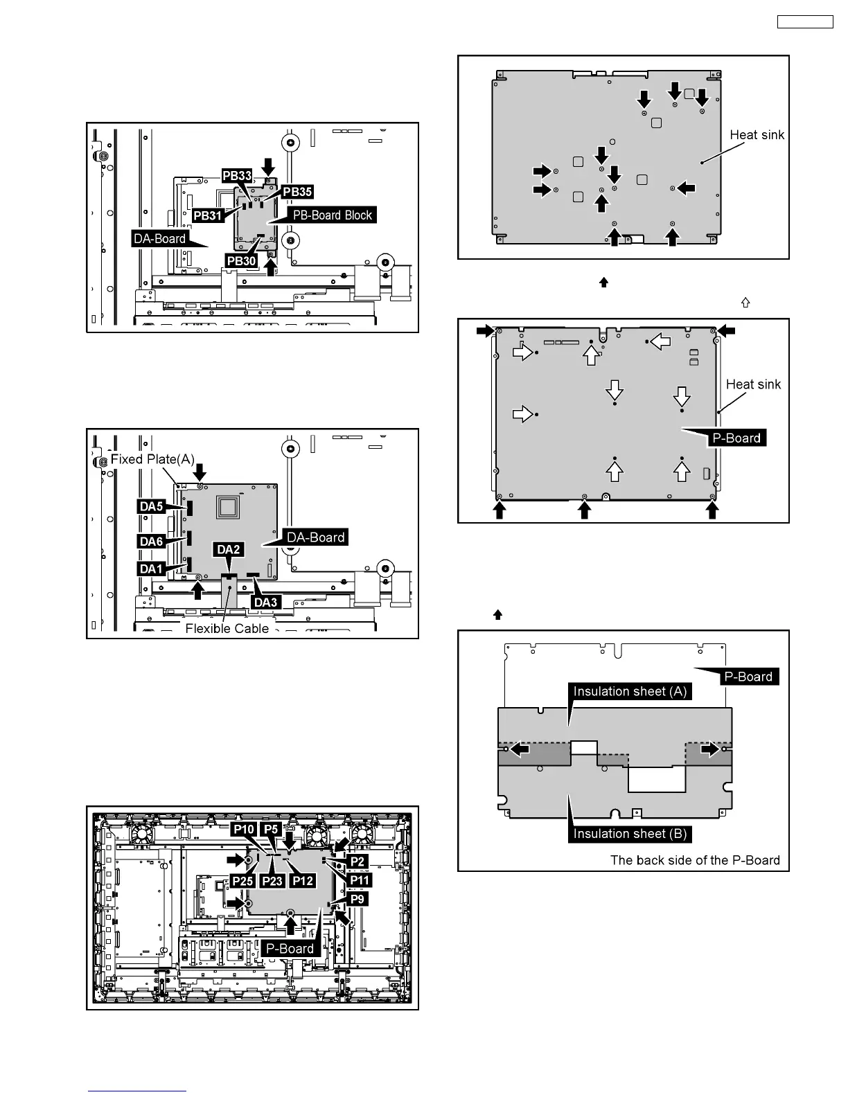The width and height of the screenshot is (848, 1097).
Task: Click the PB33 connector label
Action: tap(237, 176)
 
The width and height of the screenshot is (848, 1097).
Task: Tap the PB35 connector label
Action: tap(297, 192)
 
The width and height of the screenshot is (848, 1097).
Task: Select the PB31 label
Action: tap(208, 215)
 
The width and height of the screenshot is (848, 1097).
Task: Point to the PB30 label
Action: tap(241, 260)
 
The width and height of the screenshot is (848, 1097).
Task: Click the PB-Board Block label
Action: tap(333, 215)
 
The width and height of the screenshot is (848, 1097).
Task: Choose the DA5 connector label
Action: tap(151, 506)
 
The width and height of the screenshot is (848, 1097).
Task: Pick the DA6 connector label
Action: tap(151, 541)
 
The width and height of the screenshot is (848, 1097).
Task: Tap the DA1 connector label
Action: tap(151, 569)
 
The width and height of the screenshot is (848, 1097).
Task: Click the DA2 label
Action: tap(229, 549)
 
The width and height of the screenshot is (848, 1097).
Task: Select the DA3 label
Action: tap(265, 602)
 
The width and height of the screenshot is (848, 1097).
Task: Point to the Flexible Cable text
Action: tap(227, 628)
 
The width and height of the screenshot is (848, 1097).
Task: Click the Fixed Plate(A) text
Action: tap(152, 459)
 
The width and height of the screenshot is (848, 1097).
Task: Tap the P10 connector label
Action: tap(243, 829)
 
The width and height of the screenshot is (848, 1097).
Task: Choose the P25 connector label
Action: tap(243, 880)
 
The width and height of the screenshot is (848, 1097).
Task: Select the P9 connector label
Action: tap(357, 899)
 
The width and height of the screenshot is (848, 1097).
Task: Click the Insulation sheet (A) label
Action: tap(630, 691)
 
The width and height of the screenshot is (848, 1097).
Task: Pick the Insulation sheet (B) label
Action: tap(630, 834)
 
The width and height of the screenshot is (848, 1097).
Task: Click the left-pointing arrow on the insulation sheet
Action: tap(519, 749)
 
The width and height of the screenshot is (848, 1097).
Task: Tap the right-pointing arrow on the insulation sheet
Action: tap(709, 749)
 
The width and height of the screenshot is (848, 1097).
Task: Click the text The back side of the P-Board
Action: tap(695, 860)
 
